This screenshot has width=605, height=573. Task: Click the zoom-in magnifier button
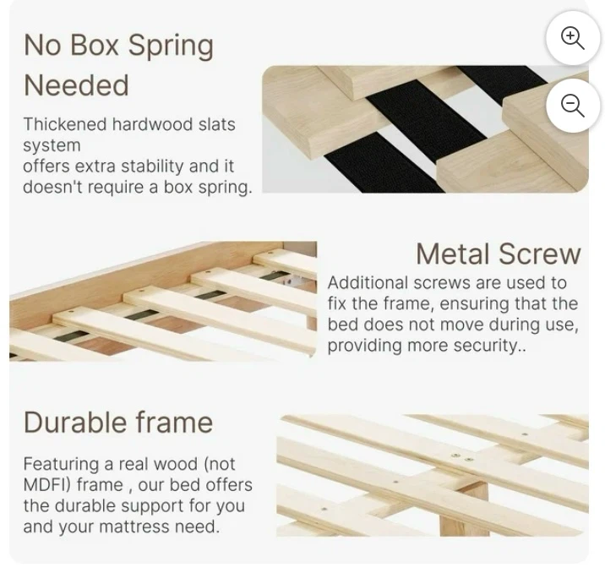tap(573, 38)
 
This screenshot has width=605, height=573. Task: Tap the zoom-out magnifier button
tap(573, 106)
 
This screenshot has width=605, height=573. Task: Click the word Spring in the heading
tap(171, 46)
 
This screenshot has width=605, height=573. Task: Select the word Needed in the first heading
tap(76, 85)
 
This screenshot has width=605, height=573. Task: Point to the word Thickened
tap(65, 124)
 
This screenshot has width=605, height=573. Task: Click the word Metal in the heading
tap(454, 254)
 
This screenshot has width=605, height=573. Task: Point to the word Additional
tap(368, 283)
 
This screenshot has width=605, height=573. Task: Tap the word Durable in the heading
tap(75, 423)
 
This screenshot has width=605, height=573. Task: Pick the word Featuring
tap(61, 464)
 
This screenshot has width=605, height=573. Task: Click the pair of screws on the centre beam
tap(461, 457)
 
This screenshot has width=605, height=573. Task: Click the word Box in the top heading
tap(94, 45)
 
